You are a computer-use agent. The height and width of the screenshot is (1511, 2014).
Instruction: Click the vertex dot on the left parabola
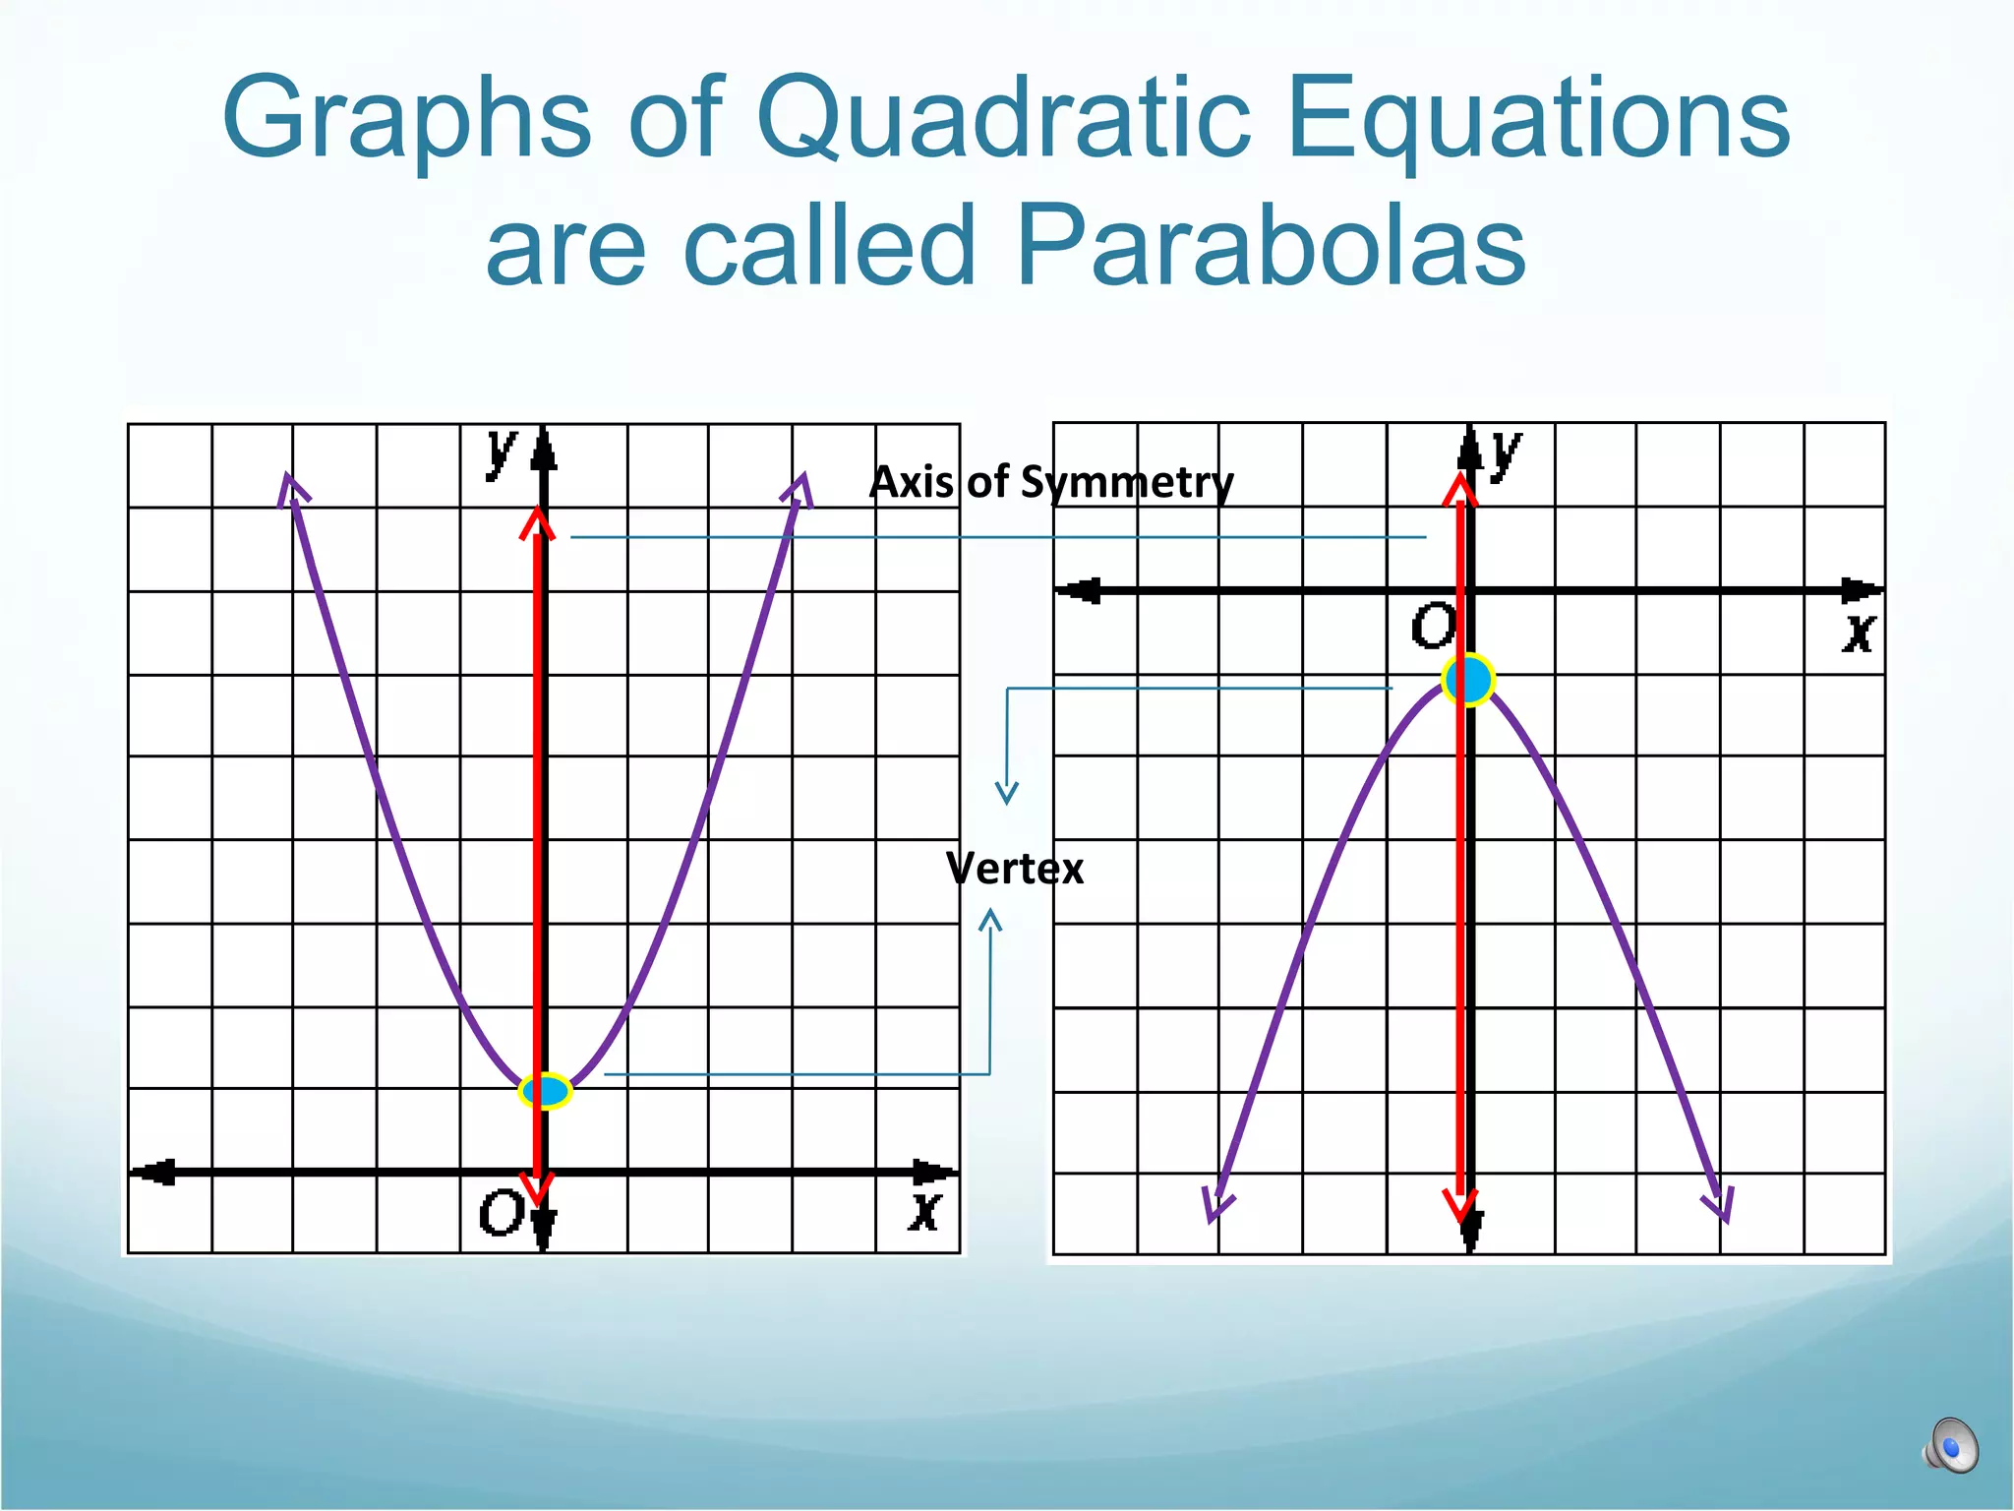pyautogui.click(x=545, y=1091)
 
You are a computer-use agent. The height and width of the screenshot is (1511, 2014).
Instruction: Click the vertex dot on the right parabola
pyautogui.click(x=1467, y=680)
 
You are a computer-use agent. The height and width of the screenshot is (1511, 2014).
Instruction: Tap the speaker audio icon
pyautogui.click(x=1950, y=1446)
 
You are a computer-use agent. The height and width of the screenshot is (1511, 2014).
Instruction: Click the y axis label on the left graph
pyautogui.click(x=501, y=453)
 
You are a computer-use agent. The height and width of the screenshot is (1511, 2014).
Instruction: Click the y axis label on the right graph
pyautogui.click(x=1505, y=453)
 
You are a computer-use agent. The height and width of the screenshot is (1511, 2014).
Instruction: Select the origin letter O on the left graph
pyautogui.click(x=501, y=1212)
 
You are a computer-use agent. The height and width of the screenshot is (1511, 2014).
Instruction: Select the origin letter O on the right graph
pyautogui.click(x=1432, y=626)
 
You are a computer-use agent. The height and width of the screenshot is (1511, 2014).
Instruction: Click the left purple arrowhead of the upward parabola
pyautogui.click(x=291, y=489)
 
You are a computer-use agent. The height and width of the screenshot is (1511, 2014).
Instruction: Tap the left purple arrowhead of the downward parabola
pyautogui.click(x=1215, y=1205)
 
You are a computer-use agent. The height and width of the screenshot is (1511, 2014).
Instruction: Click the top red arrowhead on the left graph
pyautogui.click(x=537, y=522)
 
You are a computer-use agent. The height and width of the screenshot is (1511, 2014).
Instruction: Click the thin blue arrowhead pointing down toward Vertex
pyautogui.click(x=1006, y=793)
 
